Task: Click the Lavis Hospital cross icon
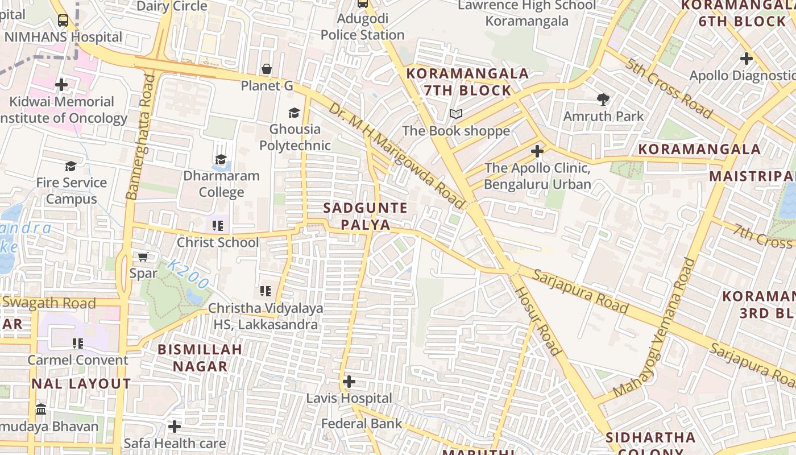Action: [349, 381]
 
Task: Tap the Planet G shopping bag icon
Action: [266, 69]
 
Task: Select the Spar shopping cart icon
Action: [143, 257]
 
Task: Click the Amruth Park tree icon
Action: [603, 100]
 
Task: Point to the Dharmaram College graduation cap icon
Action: [221, 160]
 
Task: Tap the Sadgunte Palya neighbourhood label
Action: [365, 216]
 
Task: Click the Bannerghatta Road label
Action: [140, 136]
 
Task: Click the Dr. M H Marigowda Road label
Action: [397, 155]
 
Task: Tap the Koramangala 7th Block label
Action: [467, 82]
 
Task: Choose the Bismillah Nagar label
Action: [200, 357]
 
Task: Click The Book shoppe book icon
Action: [455, 114]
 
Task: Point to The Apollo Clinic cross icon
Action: [537, 151]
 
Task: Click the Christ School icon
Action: [217, 226]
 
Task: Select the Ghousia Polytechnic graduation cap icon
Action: [294, 113]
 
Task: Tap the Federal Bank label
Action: [362, 424]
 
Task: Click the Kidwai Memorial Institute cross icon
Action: [61, 85]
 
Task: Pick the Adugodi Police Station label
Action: [362, 27]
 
